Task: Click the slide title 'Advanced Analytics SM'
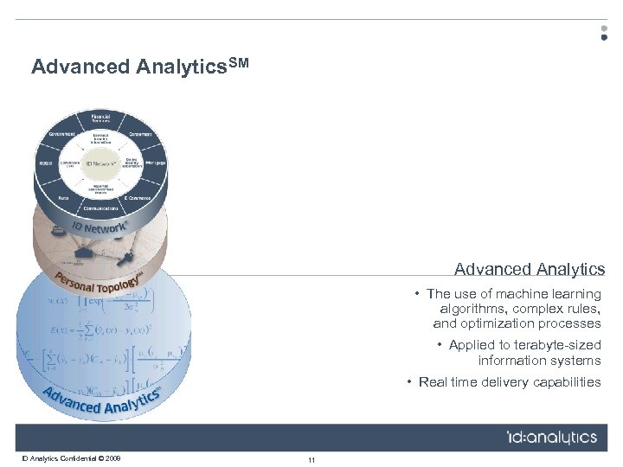139,67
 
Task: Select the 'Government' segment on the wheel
61,134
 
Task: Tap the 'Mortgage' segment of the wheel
156,162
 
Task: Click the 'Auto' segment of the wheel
62,196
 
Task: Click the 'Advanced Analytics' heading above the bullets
530,270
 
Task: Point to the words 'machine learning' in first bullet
554,294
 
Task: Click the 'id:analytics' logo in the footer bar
551,437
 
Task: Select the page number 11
311,459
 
